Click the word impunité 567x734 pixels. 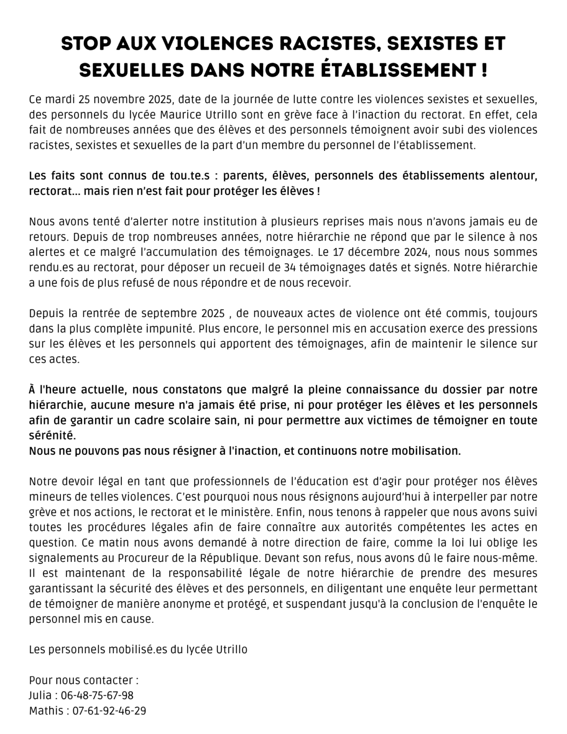[171, 328]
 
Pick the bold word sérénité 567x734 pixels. [52, 435]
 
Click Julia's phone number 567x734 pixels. [97, 695]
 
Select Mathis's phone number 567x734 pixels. [109, 710]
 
